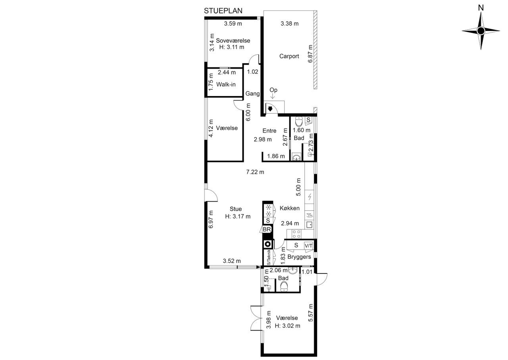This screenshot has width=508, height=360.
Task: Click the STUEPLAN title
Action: click(x=223, y=11)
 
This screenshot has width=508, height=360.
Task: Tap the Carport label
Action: click(x=289, y=56)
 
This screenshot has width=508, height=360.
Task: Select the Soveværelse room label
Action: click(x=233, y=40)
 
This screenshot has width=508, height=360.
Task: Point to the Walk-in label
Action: click(x=226, y=85)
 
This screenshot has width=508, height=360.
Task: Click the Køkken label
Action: click(x=290, y=208)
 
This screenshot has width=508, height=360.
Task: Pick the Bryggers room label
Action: click(x=299, y=257)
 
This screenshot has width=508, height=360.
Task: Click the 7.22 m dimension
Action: click(x=255, y=172)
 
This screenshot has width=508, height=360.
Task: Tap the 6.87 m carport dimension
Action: click(x=310, y=54)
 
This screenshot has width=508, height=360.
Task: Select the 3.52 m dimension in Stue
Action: click(x=232, y=261)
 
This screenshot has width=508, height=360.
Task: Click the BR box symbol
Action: click(x=267, y=229)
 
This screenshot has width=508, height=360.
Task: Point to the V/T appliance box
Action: click(x=308, y=245)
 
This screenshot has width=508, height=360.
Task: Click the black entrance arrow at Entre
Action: click(x=270, y=109)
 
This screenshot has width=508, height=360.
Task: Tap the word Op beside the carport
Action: click(x=273, y=90)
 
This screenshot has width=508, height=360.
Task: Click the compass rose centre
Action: click(x=481, y=31)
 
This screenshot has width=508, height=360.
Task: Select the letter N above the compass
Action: click(x=481, y=8)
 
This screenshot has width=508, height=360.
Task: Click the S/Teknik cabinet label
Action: click(x=269, y=258)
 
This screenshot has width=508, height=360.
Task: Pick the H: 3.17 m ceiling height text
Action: click(x=238, y=216)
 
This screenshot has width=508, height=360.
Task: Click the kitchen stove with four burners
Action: click(x=296, y=234)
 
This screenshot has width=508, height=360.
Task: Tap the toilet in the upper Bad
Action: click(x=299, y=121)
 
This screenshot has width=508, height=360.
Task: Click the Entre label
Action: click(x=269, y=131)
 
